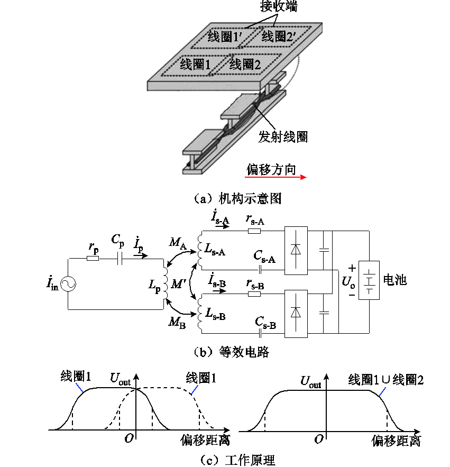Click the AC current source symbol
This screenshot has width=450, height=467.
(69, 284)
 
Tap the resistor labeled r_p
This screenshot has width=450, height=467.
(93, 259)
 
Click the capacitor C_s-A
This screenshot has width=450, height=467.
(261, 268)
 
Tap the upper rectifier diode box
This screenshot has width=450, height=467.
(296, 251)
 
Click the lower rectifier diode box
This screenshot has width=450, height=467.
(296, 313)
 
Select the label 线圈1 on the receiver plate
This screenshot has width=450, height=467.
(195, 65)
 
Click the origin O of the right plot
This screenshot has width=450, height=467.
(318, 439)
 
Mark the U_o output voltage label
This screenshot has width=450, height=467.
(348, 281)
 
